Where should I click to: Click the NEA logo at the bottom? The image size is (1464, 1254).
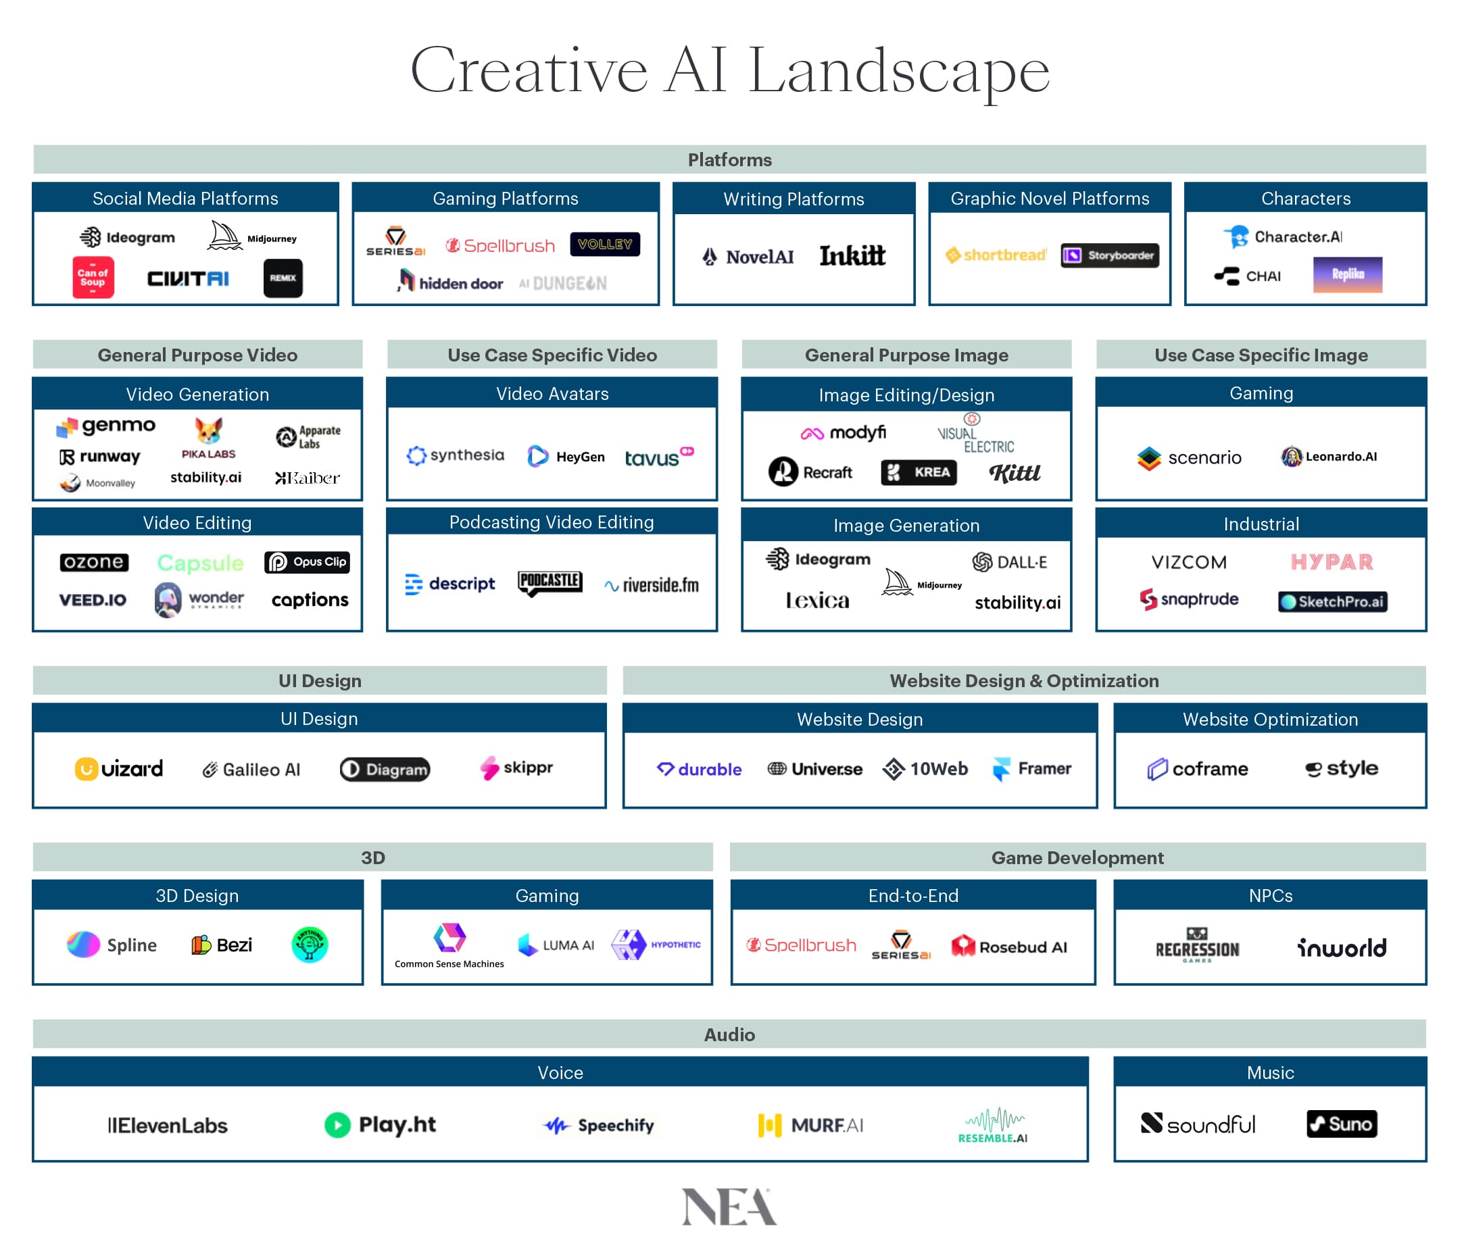(729, 1207)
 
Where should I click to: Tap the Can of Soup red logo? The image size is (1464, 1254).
(93, 278)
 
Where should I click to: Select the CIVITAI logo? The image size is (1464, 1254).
(188, 279)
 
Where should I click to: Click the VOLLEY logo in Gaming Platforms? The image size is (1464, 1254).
(605, 245)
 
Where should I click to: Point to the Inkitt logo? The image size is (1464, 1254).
(852, 256)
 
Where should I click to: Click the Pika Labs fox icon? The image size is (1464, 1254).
(208, 430)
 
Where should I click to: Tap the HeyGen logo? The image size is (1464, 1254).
(566, 456)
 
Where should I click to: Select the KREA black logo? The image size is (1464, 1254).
(919, 472)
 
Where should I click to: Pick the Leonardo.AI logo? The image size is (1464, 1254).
(1329, 456)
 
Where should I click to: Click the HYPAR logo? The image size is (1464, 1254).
(1332, 561)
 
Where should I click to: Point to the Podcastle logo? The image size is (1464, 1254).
(550, 583)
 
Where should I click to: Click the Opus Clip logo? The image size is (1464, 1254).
(308, 561)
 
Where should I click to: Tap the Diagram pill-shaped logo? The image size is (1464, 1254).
(385, 770)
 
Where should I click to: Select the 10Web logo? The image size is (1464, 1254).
(925, 769)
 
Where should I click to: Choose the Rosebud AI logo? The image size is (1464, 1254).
(1009, 947)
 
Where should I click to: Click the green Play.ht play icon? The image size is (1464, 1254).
(337, 1125)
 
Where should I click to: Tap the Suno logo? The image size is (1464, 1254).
(1341, 1124)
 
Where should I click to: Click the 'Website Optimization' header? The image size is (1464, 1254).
(1270, 719)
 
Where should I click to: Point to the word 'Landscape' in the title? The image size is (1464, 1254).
(899, 71)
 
